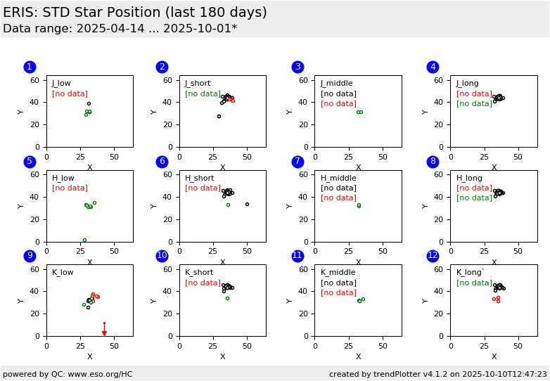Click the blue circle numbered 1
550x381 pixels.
tap(30, 67)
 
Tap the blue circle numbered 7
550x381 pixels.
tap(298, 162)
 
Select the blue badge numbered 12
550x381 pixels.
tap(433, 256)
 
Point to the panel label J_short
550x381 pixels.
tap(198, 84)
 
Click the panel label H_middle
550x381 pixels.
tap(338, 178)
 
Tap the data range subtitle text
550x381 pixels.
tap(120, 29)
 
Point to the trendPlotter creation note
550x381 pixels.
tap(437, 374)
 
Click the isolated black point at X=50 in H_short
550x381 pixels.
tap(247, 205)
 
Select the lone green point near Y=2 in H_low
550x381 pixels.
tap(84, 240)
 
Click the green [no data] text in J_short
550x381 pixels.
tap(203, 94)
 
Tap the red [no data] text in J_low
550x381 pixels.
tap(70, 94)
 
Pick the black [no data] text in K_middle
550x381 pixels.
tap(338, 283)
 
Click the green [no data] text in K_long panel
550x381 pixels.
tap(474, 283)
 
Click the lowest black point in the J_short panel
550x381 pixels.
tap(219, 116)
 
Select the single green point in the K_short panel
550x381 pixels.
tap(227, 298)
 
